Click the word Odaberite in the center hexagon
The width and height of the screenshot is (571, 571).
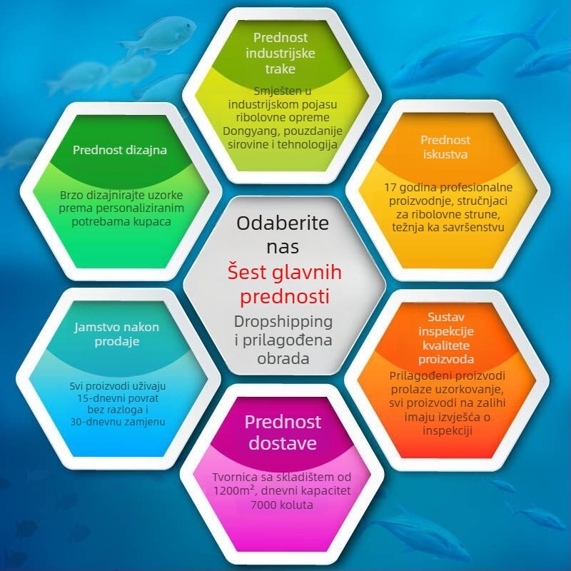tap(283, 223)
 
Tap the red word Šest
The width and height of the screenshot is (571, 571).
tap(250, 272)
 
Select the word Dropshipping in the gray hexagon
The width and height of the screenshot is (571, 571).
tap(283, 322)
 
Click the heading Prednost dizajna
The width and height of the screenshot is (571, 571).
tap(120, 150)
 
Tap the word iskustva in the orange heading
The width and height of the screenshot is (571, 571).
tap(445, 154)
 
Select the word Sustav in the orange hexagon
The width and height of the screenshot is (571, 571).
tap(446, 317)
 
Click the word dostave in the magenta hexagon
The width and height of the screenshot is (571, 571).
tap(283, 443)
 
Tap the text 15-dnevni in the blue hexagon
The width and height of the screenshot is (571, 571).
tap(98, 398)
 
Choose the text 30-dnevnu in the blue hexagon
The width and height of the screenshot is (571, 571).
tap(94, 422)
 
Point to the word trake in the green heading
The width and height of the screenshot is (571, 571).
tap(280, 69)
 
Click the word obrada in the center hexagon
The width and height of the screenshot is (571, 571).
tap(283, 359)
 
